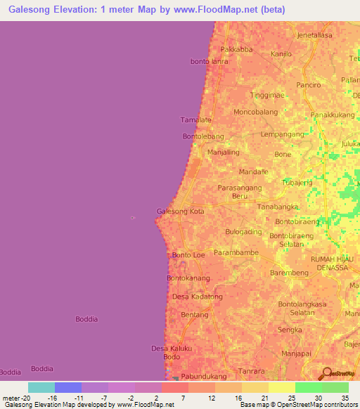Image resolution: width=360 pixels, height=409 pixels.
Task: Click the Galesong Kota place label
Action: (x=180, y=211)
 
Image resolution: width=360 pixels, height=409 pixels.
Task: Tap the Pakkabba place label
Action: (x=236, y=49)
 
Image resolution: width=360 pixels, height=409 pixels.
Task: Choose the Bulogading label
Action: (x=243, y=231)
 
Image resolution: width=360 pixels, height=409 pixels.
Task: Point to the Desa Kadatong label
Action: (x=197, y=297)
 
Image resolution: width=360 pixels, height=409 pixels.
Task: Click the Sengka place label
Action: (x=290, y=329)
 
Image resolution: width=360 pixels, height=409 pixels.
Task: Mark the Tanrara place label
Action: (x=251, y=370)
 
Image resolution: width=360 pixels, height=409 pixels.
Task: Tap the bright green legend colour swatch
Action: (x=308, y=387)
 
